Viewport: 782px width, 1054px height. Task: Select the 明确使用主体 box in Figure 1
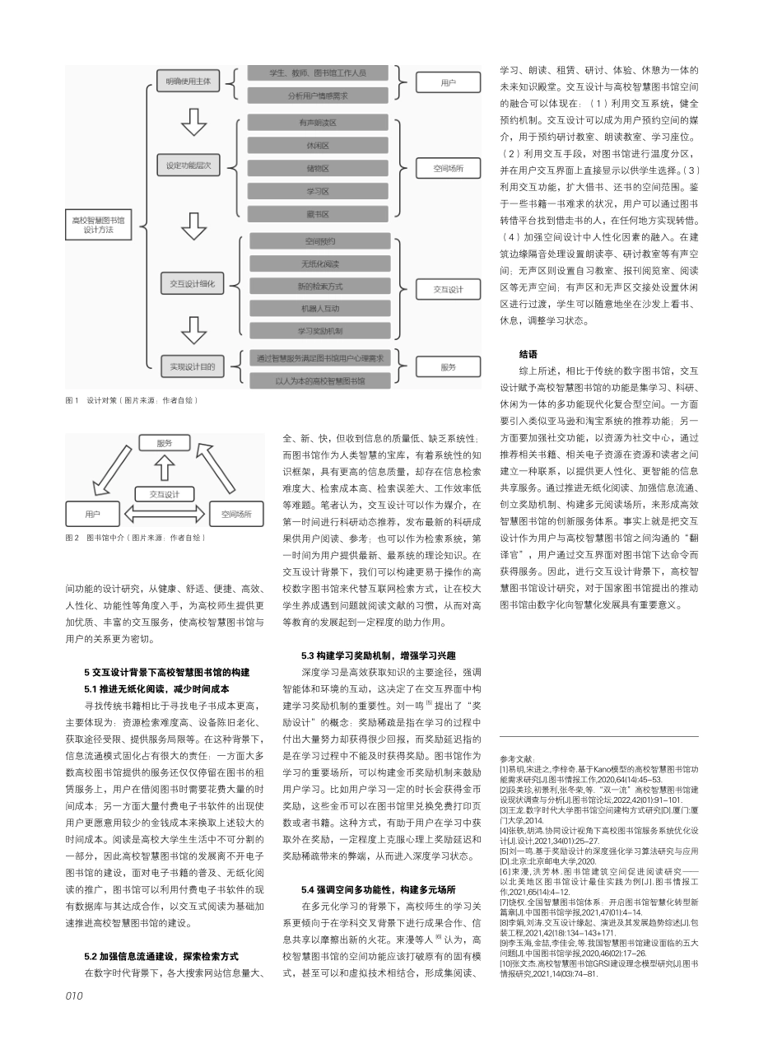pos(188,82)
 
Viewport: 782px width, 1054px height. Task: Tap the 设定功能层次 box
pos(189,166)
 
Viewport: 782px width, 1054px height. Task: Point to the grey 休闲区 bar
pos(313,146)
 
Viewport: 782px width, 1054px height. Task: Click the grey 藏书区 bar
pos(313,214)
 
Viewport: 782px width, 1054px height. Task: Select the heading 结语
pos(528,353)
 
